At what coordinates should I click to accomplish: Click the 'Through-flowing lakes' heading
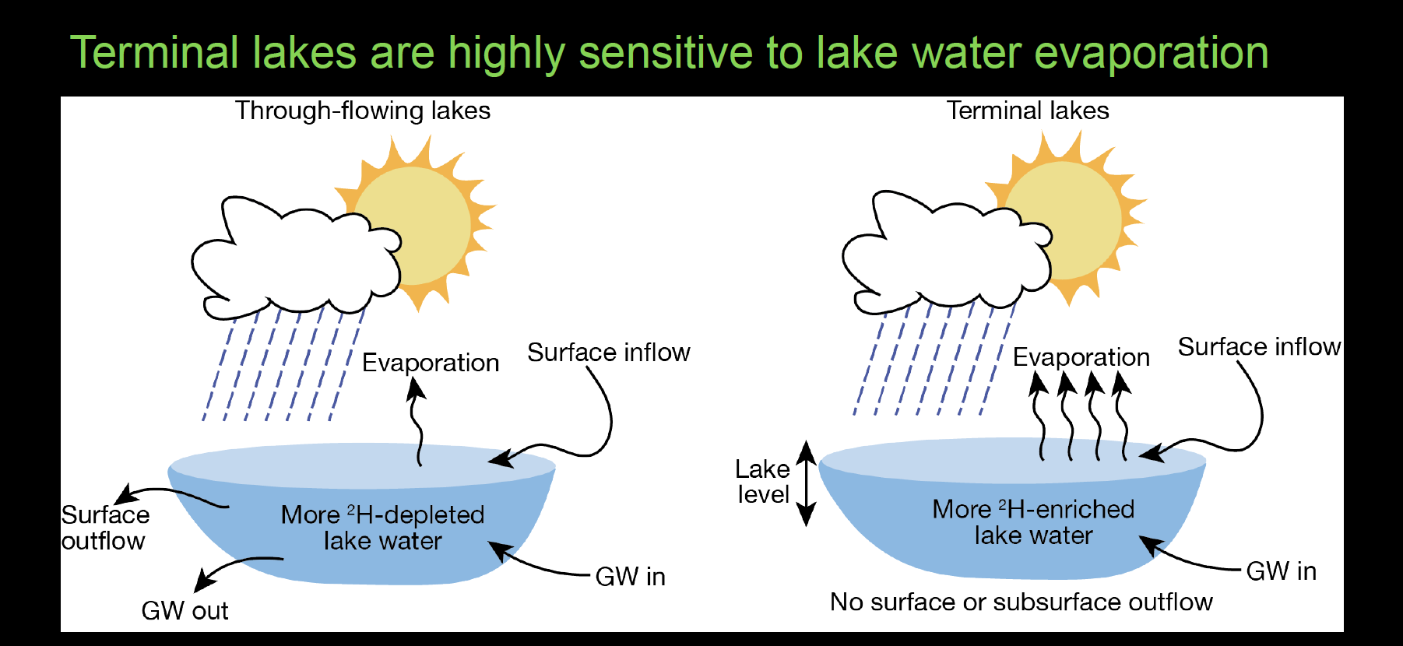[x=363, y=111]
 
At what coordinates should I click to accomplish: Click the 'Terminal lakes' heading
[x=1027, y=111]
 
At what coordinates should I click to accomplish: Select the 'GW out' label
[x=185, y=611]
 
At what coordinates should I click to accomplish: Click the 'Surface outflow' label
[x=104, y=528]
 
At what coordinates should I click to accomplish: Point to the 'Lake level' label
[x=762, y=482]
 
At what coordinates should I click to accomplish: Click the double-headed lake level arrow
[x=807, y=483]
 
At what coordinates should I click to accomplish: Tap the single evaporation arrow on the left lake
[x=418, y=424]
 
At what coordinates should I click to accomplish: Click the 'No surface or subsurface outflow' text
[x=1021, y=602]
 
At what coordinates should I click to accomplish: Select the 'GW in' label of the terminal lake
[x=1281, y=571]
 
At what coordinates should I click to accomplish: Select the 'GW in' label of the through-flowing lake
[x=630, y=577]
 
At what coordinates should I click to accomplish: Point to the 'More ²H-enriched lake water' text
[x=1033, y=522]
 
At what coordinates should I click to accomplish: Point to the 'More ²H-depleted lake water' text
[x=382, y=528]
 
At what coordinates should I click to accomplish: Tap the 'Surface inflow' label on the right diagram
[x=1258, y=347]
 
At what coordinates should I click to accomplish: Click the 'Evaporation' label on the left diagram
[x=430, y=363]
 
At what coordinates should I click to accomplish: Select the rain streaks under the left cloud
[x=280, y=366]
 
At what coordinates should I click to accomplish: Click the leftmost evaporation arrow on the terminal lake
[x=1039, y=416]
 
